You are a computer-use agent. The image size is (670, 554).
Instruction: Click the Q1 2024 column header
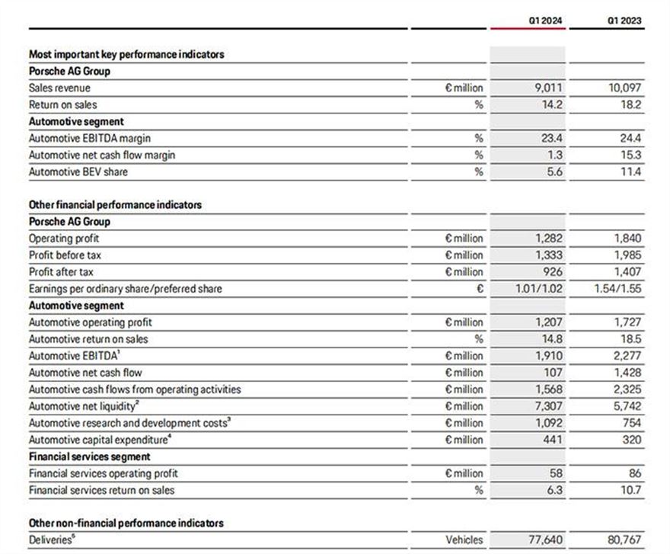pos(546,21)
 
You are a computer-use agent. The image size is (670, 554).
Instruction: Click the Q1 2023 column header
pos(624,21)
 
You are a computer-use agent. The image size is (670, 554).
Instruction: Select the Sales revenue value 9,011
pos(548,88)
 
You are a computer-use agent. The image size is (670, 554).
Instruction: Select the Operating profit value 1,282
pos(548,239)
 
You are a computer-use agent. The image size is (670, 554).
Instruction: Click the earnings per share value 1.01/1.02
pos(537,289)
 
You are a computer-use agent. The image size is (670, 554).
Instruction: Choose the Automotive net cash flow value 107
pos(554,373)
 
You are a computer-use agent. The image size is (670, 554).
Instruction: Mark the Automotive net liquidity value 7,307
pos(548,406)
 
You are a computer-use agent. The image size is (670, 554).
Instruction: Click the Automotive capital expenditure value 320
pos(631,440)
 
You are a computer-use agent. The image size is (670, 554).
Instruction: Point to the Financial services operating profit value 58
pos(557,473)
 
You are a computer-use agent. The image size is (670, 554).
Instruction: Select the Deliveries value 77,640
pos(545,540)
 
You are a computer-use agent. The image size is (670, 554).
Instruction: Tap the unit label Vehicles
pos(464,540)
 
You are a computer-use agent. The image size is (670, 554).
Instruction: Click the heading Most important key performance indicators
pos(126,55)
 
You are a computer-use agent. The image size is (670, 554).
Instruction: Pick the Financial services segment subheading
pos(89,456)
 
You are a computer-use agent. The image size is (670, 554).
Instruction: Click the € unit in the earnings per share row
pos(479,289)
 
